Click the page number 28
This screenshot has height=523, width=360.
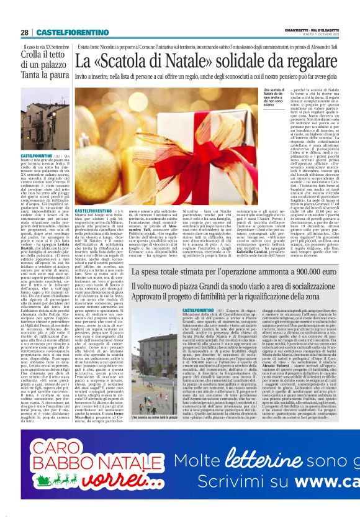click(25, 32)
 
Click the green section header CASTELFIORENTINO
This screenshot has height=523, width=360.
click(63, 32)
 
